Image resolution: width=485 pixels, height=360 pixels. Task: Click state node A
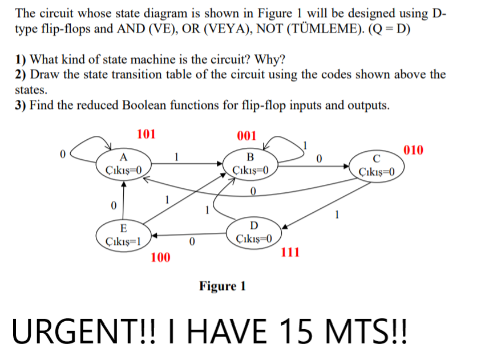[123, 164]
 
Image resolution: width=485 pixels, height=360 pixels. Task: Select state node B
[249, 164]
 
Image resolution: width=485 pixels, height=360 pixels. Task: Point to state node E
[123, 234]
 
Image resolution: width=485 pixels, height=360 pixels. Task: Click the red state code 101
[146, 135]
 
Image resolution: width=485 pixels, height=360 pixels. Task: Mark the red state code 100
[160, 257]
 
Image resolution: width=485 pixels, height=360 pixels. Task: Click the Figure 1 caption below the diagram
[222, 285]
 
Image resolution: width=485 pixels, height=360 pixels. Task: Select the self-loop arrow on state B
[288, 145]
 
